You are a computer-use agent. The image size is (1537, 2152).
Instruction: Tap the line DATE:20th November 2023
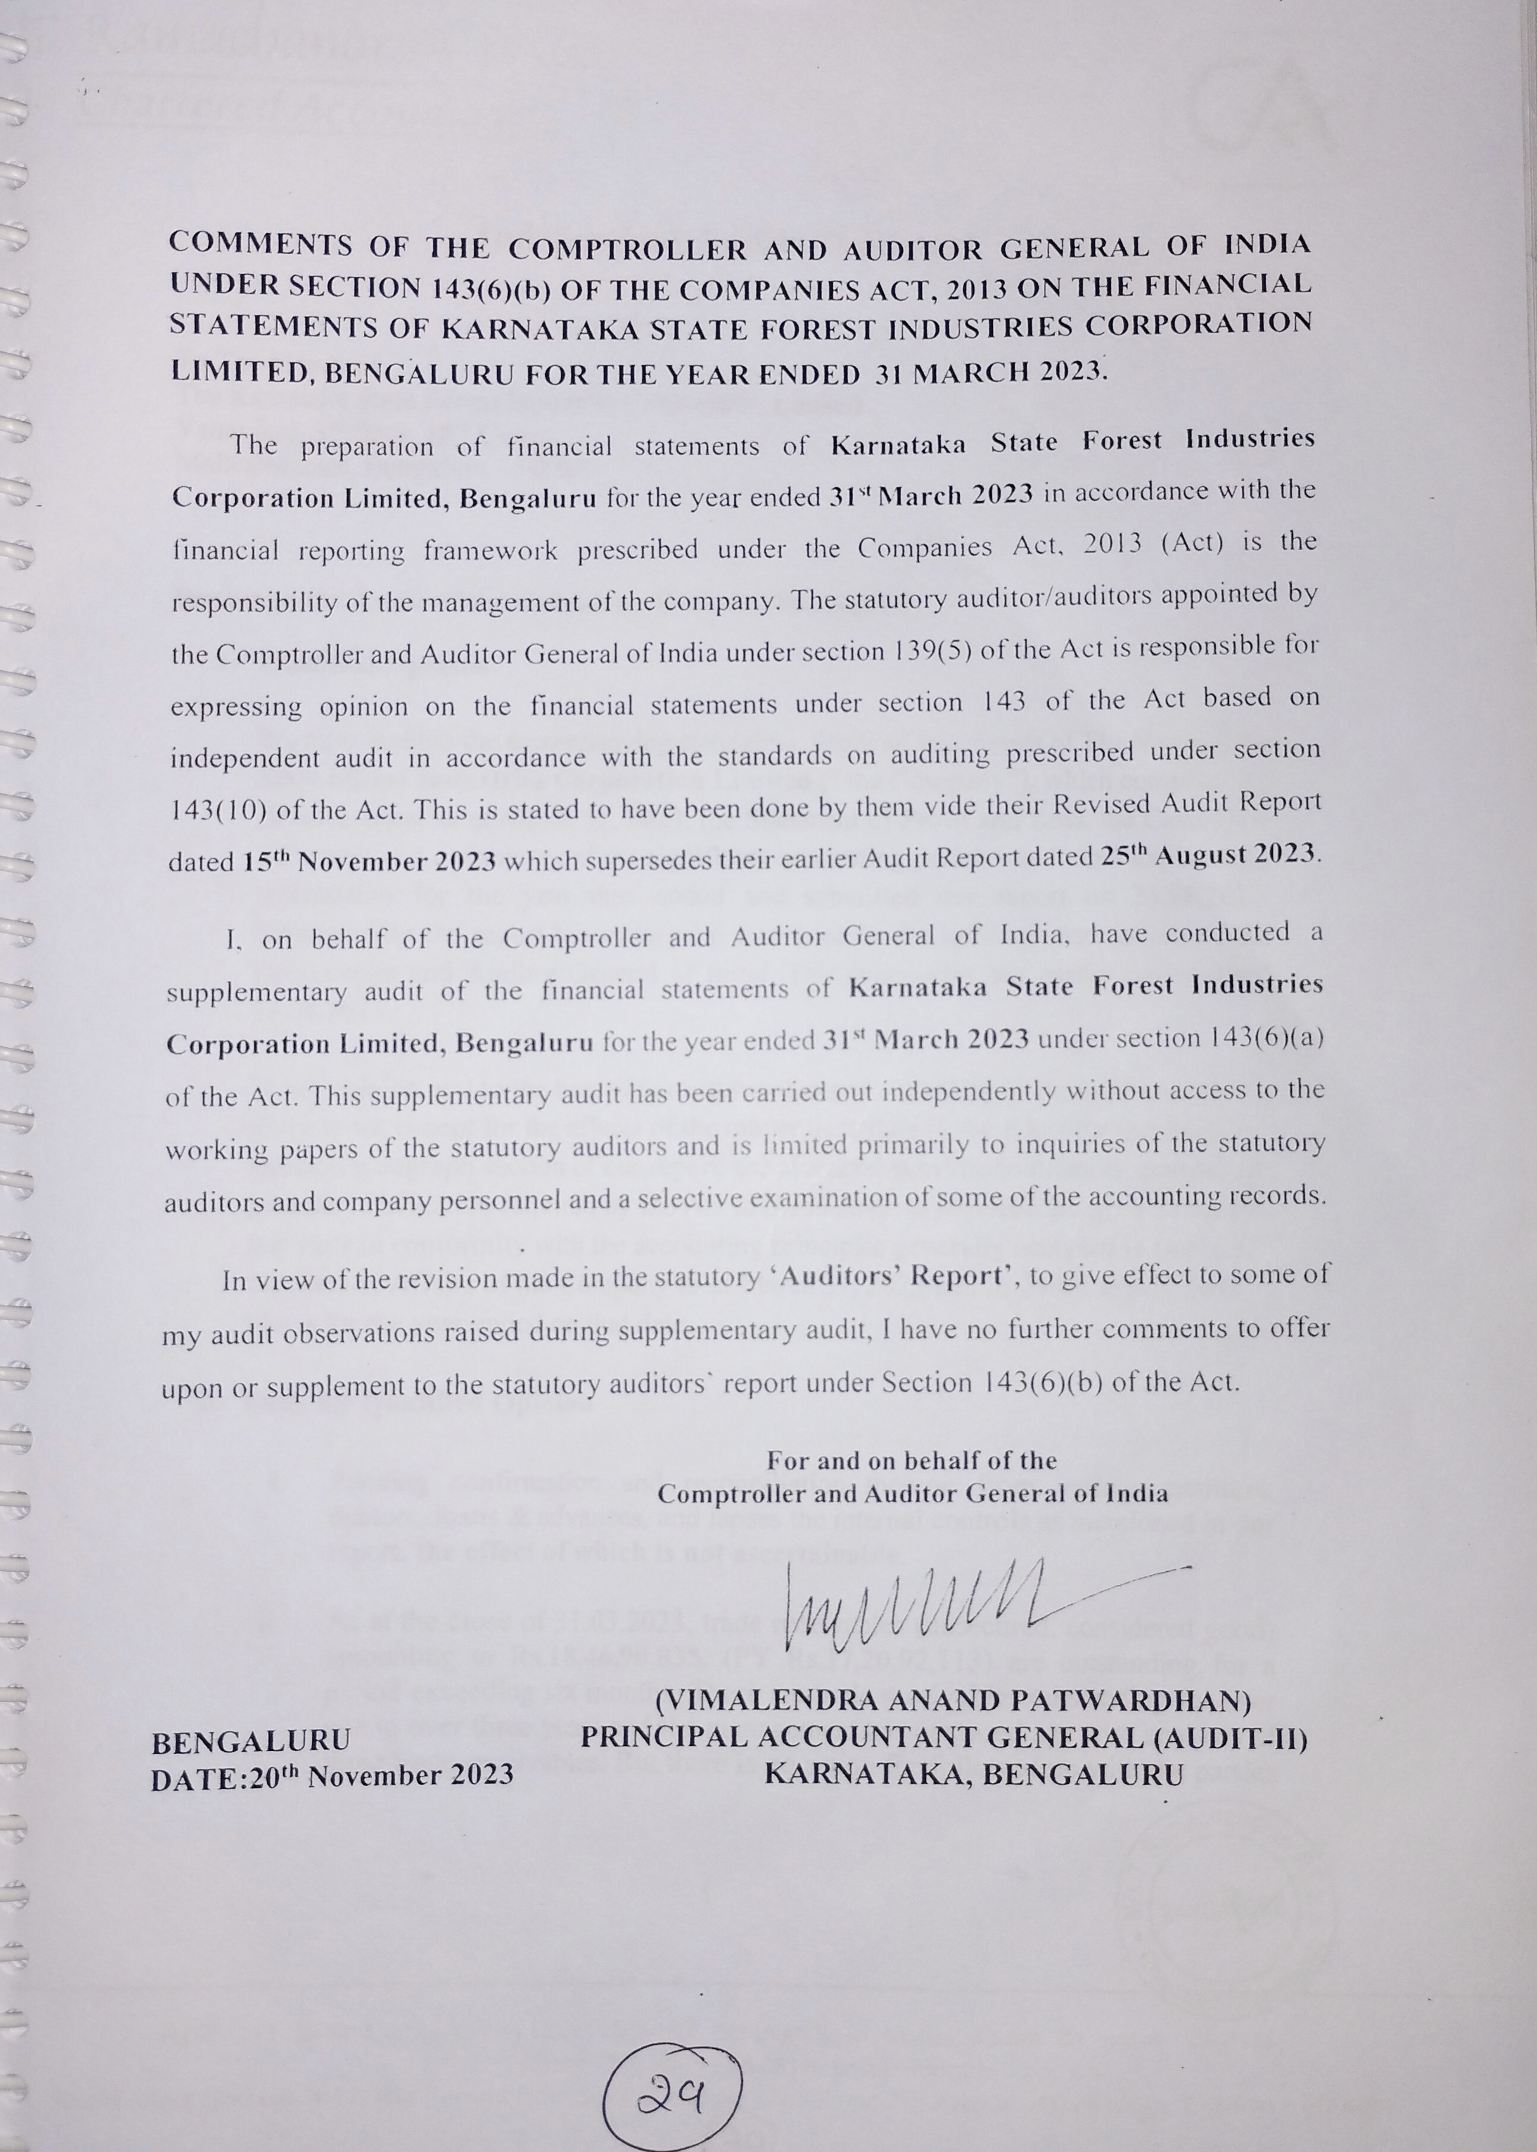pyautogui.click(x=332, y=1774)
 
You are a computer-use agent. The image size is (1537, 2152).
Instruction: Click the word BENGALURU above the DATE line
pyautogui.click(x=251, y=1740)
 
